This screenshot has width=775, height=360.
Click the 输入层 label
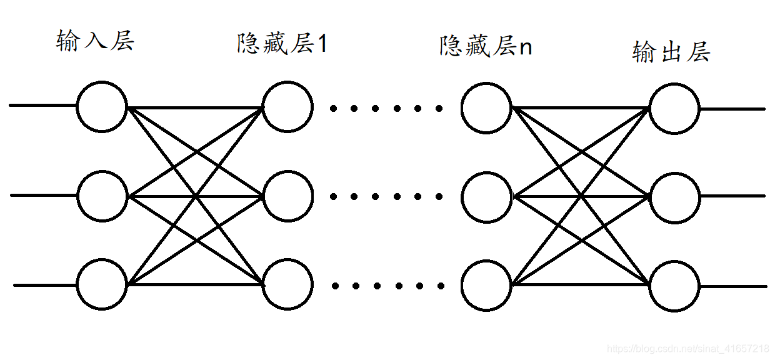coord(95,42)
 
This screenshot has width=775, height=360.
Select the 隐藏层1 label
coord(282,44)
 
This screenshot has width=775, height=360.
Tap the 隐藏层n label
coord(486,46)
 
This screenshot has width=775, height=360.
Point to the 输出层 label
coord(671,52)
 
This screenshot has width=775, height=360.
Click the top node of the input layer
coord(102,107)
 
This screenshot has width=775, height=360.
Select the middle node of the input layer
coord(102,196)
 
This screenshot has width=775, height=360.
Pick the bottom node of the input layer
coord(102,285)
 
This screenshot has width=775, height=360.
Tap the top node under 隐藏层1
coord(287,107)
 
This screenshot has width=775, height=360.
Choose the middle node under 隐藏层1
coord(287,196)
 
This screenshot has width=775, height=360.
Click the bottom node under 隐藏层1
coord(287,285)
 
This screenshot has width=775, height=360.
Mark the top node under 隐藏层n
coord(486,108)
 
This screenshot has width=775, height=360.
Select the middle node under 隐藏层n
coord(486,197)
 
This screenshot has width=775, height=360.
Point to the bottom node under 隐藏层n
coord(486,286)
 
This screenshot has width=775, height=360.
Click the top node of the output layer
coord(674,109)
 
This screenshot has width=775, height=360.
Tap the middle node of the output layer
coord(674,197)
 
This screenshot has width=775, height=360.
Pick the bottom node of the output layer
coord(674,286)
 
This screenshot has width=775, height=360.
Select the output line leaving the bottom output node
coord(732,287)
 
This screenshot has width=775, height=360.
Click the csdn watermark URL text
coord(688,348)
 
